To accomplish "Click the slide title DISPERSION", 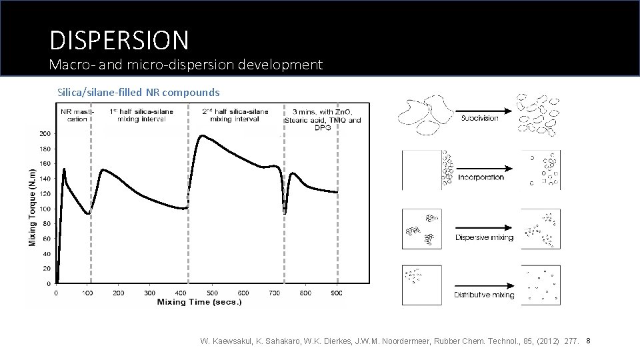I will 119,40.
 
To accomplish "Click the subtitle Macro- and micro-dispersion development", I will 186,65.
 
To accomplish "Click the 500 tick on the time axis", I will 212,293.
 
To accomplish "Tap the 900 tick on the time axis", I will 337,293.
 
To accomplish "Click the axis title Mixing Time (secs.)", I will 199,302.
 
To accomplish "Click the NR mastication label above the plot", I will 74,115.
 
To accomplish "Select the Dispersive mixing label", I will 484,237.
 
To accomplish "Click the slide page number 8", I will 589,341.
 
